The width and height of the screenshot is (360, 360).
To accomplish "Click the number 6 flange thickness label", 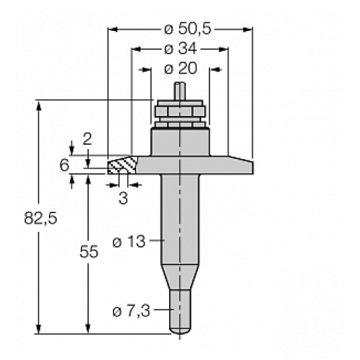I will point(64,166).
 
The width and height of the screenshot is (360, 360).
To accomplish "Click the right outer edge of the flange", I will point(253,166).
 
